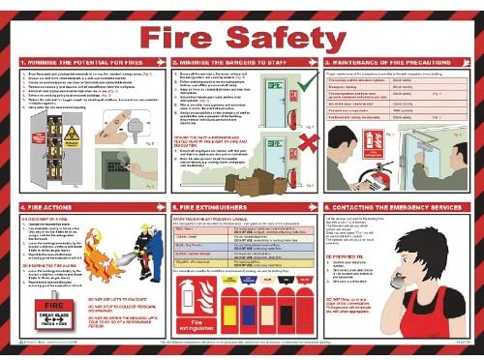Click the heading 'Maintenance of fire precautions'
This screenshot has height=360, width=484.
tap(400, 62)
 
